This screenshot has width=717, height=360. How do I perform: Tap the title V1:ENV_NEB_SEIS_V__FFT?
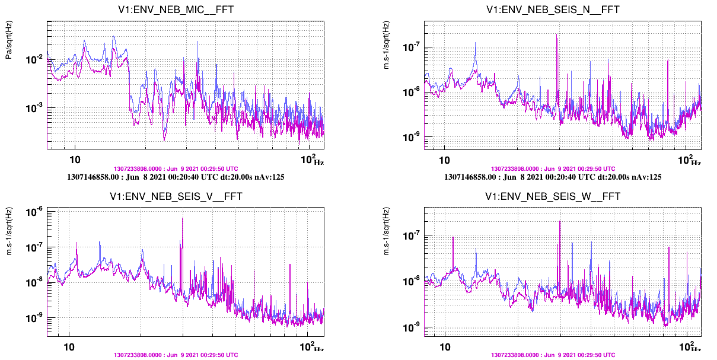point(176,197)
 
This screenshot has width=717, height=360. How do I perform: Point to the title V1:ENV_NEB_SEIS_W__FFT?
point(553,197)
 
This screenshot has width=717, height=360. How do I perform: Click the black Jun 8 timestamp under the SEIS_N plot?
point(553,177)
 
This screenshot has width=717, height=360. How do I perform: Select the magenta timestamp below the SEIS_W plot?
point(553,355)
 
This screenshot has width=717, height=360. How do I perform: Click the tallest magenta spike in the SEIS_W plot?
point(559,222)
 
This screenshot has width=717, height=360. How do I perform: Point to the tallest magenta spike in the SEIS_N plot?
point(556,35)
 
